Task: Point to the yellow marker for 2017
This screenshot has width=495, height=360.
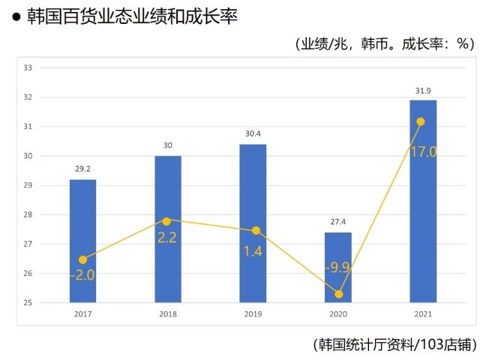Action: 82,259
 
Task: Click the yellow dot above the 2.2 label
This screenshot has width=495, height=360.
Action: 167,220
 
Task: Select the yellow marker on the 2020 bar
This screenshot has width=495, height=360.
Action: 339,294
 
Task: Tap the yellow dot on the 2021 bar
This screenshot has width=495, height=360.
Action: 421,121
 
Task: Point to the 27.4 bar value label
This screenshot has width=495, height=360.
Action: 338,223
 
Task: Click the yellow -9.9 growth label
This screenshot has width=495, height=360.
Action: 338,267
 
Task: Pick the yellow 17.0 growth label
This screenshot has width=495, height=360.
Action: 423,151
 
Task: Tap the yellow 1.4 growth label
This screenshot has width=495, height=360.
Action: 252,250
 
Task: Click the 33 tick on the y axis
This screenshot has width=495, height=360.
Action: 28,68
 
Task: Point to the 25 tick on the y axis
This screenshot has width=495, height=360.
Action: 28,303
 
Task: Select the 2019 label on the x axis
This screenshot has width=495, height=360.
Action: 253,314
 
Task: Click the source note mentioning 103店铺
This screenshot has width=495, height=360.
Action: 394,344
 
